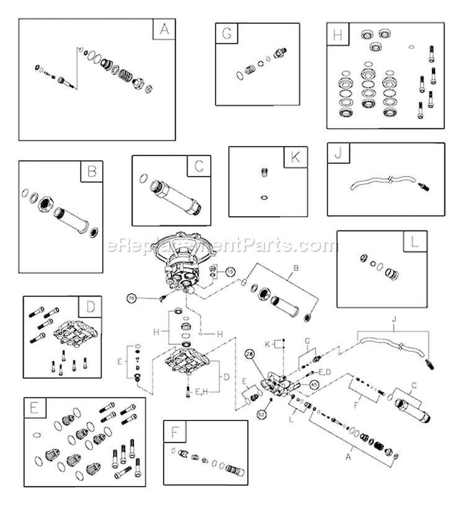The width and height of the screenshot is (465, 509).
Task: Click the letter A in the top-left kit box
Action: tap(164, 29)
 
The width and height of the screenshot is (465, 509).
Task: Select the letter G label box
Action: tap(226, 34)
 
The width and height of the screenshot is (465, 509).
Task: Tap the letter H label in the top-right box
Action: tap(337, 34)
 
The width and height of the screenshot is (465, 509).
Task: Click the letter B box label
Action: tap(92, 172)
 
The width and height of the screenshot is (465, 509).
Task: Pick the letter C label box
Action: tap(199, 166)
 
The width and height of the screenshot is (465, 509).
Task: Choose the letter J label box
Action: tap(339, 154)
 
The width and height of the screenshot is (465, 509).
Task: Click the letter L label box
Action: tap(415, 241)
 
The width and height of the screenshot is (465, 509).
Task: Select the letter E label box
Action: tap(34, 408)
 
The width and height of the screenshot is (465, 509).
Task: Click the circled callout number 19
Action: tap(231, 271)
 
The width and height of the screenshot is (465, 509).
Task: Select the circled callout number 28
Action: tap(250, 353)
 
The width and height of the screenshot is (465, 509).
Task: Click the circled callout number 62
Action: tap(262, 414)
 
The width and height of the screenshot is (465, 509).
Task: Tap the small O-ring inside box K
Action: tap(263, 198)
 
